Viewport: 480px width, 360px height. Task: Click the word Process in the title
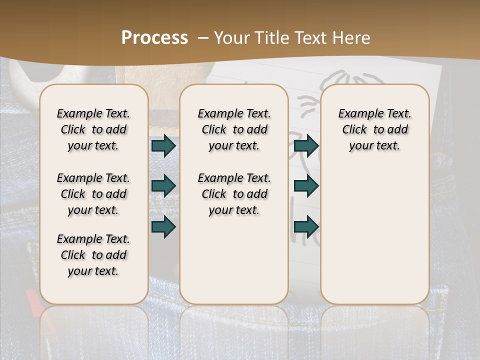154,38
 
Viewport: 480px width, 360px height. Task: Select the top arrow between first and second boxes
163,146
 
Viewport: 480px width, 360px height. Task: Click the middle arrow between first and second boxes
163,186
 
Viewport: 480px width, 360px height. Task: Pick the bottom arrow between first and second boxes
163,227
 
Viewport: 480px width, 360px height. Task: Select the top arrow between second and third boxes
306,146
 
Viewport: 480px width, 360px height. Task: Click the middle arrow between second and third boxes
306,186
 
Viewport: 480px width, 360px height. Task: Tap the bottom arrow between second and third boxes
306,227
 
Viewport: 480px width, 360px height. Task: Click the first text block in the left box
93,129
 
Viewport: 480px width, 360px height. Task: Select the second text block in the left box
93,194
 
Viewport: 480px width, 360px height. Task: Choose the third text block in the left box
93,255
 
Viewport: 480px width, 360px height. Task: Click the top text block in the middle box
234,129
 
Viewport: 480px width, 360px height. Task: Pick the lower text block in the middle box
234,194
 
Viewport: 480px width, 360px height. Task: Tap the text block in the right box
374,129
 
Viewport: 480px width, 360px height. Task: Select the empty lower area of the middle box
234,260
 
